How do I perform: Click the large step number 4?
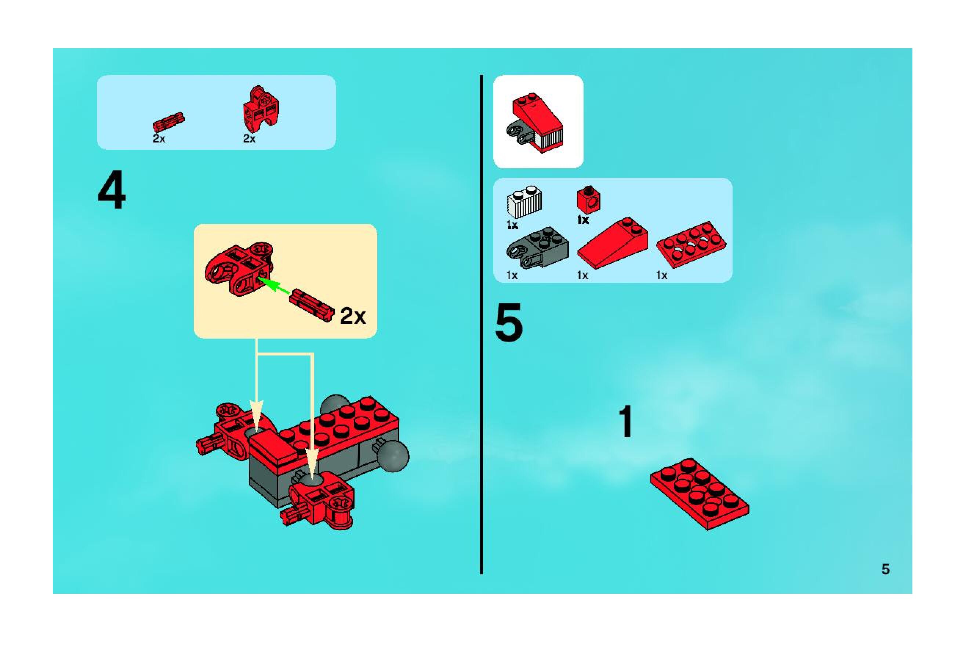coord(112,191)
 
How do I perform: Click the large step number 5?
coord(509,323)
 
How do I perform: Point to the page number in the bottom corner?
coord(886,570)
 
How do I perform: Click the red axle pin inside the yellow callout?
coord(312,305)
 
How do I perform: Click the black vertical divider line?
coord(481,325)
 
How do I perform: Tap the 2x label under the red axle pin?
coord(159,138)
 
